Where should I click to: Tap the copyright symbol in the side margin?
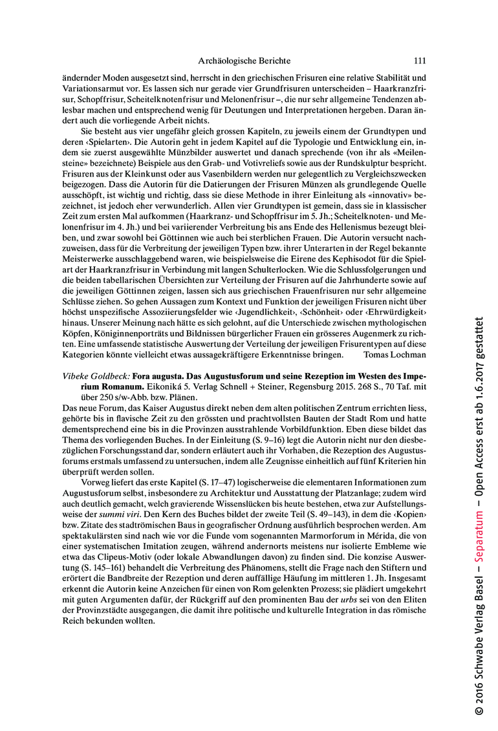click(x=479, y=710)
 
